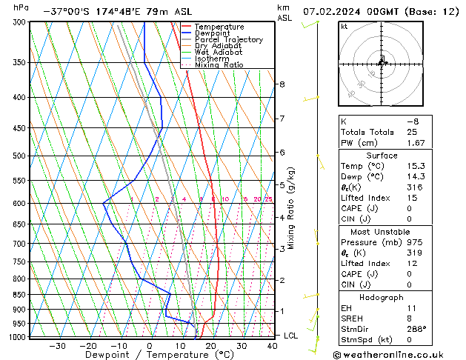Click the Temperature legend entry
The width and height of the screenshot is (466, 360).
click(x=219, y=27)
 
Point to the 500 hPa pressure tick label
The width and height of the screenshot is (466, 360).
click(x=20, y=156)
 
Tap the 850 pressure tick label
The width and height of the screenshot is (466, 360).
click(x=20, y=295)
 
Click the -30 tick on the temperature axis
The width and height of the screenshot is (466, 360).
click(x=57, y=345)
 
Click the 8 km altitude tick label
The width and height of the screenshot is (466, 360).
click(x=282, y=84)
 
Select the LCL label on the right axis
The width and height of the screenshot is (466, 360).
click(x=292, y=336)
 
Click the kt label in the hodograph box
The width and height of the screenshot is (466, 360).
click(x=344, y=27)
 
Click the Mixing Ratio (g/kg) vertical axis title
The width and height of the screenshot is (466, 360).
click(x=291, y=208)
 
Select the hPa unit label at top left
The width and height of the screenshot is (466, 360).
click(x=21, y=7)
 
